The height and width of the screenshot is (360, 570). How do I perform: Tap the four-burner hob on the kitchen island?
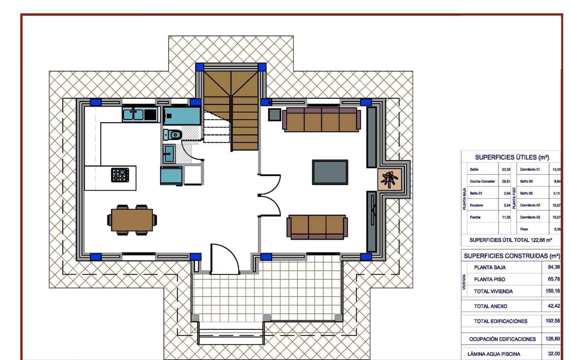coord(120,175)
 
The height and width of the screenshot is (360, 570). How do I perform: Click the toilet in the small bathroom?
coord(173,135)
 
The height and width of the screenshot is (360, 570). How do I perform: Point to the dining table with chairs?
coord(132,220)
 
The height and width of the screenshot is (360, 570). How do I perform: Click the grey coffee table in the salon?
coord(330,172)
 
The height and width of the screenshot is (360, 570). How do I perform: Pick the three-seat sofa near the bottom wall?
coord(317,227)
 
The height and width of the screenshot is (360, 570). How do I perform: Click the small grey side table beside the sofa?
coord(275,115)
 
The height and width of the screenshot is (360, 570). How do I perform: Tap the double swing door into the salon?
coord(270,195)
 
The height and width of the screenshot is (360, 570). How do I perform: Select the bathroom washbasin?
coord(169,153)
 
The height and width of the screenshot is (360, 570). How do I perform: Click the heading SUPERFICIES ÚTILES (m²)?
coord(512,157)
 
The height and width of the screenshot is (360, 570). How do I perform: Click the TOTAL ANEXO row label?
coord(491,306)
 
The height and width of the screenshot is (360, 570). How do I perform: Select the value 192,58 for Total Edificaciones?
coord(553,321)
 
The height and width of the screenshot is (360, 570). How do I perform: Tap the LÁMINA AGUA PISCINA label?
coord(494,354)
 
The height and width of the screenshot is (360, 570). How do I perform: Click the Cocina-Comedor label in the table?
coord(482,181)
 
